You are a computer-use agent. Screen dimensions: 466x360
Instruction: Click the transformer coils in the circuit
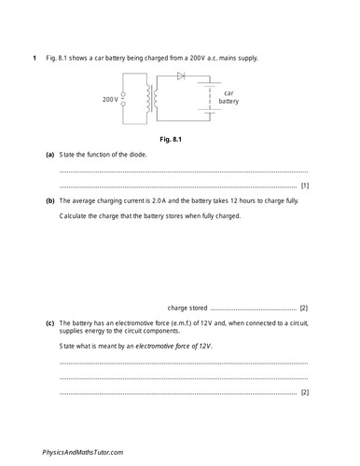click(153, 96)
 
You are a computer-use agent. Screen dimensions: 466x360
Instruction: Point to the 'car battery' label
click(228, 98)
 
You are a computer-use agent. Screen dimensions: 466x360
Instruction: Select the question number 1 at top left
click(35, 59)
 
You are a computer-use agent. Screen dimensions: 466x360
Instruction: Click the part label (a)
click(49, 155)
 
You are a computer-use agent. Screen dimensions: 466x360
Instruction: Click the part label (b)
click(49, 200)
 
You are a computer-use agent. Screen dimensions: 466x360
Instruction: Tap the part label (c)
click(49, 323)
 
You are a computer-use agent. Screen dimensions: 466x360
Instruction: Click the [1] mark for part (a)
click(304, 185)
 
